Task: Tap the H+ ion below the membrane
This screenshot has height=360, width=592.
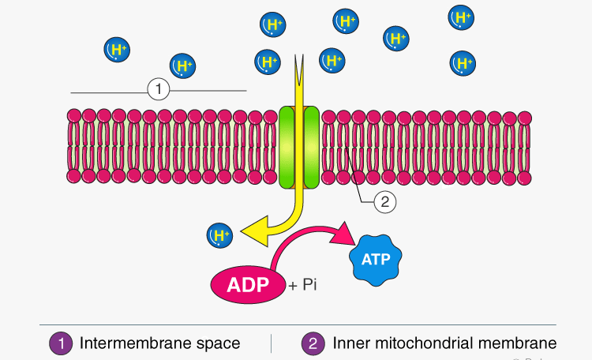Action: [219, 234]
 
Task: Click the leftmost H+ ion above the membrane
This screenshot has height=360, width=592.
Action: [118, 51]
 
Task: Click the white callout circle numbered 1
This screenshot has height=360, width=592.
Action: [159, 89]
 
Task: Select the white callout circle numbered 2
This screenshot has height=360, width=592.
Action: [384, 201]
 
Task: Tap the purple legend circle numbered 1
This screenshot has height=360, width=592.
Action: [60, 343]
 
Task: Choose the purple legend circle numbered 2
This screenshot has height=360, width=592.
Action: [313, 343]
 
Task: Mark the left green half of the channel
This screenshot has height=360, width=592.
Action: [288, 147]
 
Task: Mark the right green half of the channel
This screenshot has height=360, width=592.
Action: [310, 147]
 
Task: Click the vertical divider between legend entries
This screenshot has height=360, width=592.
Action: [272, 343]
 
